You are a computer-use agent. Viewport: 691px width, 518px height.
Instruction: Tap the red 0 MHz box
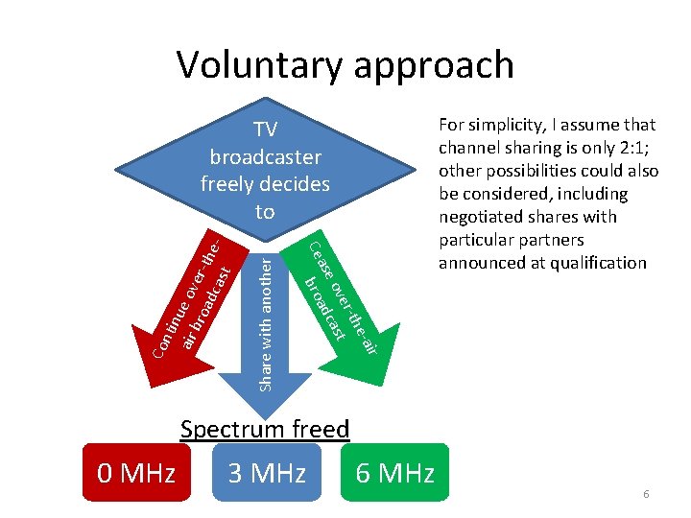pyautogui.click(x=136, y=473)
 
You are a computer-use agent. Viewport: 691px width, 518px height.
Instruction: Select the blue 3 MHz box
pyautogui.click(x=266, y=473)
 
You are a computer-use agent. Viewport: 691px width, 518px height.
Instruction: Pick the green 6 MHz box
pyautogui.click(x=394, y=473)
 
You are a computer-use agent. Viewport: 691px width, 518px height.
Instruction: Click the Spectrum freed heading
pyautogui.click(x=265, y=429)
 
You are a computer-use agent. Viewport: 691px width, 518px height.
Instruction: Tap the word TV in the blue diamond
pyautogui.click(x=265, y=132)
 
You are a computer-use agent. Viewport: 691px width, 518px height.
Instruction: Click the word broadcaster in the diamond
pyautogui.click(x=265, y=157)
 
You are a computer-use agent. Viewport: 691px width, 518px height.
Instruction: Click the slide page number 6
pyautogui.click(x=646, y=493)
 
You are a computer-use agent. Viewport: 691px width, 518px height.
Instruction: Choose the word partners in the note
pyautogui.click(x=551, y=240)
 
